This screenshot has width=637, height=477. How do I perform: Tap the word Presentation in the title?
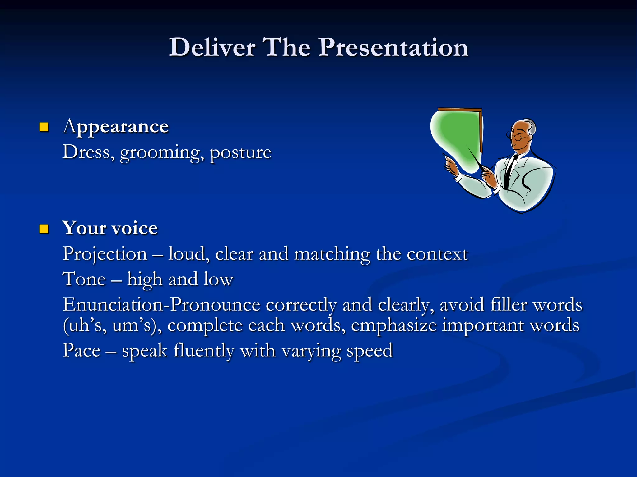tap(393, 47)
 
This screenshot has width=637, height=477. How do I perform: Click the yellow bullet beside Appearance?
tap(44, 127)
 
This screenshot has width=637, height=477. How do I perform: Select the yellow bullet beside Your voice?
tap(44, 229)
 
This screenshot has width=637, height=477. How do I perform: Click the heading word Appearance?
tap(116, 127)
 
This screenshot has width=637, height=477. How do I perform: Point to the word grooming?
tap(162, 153)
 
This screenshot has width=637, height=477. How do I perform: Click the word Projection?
tap(105, 254)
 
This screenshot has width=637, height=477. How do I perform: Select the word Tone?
tap(84, 279)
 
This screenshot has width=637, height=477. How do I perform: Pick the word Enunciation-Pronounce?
tap(161, 305)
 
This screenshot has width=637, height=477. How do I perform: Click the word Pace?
tap(81, 351)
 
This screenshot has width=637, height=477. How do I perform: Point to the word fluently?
tap(204, 351)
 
